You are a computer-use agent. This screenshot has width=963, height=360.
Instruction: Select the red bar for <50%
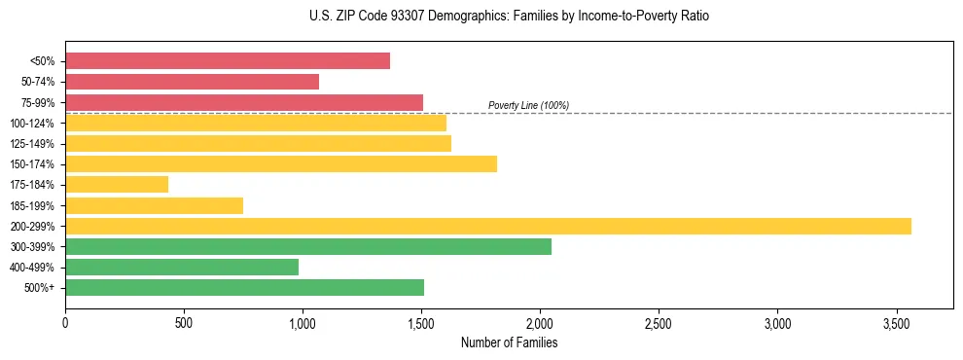tap(228, 61)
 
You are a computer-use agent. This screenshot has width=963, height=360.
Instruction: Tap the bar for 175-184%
tap(117, 184)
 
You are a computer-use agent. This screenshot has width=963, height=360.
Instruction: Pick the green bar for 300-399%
tap(308, 246)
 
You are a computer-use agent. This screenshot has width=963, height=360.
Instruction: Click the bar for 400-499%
tap(182, 267)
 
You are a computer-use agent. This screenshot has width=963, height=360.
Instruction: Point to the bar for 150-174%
tap(281, 163)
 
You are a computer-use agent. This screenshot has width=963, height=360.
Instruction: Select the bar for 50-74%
tap(192, 82)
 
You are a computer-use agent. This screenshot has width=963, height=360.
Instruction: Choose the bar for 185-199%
tap(154, 205)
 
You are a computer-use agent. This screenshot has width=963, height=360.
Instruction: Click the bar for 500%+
tap(244, 287)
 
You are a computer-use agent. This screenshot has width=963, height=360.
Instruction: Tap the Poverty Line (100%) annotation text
tap(528, 105)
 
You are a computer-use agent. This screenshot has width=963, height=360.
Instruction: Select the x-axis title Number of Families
tap(509, 342)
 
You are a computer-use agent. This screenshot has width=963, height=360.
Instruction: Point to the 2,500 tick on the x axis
tap(659, 322)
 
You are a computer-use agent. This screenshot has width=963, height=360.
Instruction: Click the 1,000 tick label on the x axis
tap(303, 322)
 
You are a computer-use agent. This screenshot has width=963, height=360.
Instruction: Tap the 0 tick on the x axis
tap(65, 322)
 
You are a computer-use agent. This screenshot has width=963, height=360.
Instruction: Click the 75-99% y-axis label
tap(38, 103)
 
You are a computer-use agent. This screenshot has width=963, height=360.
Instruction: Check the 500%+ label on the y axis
tap(41, 288)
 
